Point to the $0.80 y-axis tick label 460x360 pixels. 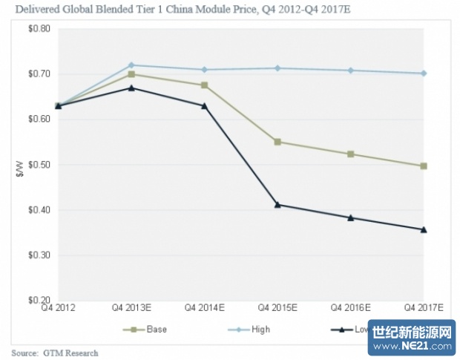pos(39,29)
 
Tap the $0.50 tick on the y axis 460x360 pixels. pos(39,165)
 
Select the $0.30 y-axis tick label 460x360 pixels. pos(39,255)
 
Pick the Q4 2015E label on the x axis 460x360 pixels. pos(277,306)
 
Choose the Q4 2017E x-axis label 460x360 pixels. pos(423,306)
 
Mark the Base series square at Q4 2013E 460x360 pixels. pos(131,74)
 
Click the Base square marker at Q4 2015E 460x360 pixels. pos(277,142)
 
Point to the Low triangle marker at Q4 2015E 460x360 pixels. pos(277,204)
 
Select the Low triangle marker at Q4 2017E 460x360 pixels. pos(424,229)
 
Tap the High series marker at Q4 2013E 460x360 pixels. pos(131,65)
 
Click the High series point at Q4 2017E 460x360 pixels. pos(424,73)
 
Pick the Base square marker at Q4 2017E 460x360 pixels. pos(424,166)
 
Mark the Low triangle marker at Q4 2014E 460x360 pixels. pos(205,105)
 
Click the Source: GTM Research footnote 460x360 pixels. pos(55,353)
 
